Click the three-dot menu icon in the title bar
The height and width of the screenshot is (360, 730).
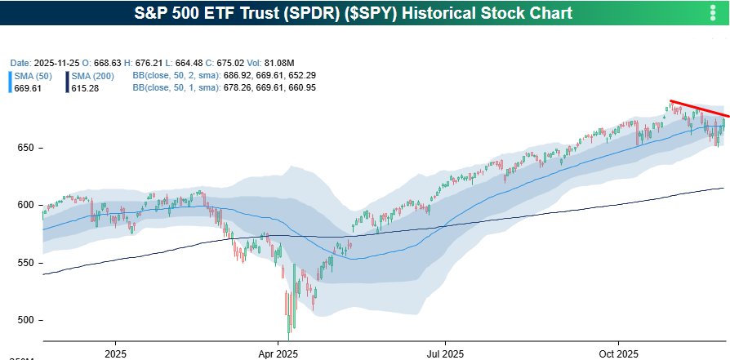pyautogui.click(x=713, y=14)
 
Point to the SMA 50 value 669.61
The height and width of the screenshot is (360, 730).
pyautogui.click(x=29, y=87)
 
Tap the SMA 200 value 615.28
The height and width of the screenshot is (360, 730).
pyautogui.click(x=85, y=87)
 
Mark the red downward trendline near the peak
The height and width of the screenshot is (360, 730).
pyautogui.click(x=698, y=109)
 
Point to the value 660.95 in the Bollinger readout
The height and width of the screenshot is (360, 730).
pyautogui.click(x=299, y=87)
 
